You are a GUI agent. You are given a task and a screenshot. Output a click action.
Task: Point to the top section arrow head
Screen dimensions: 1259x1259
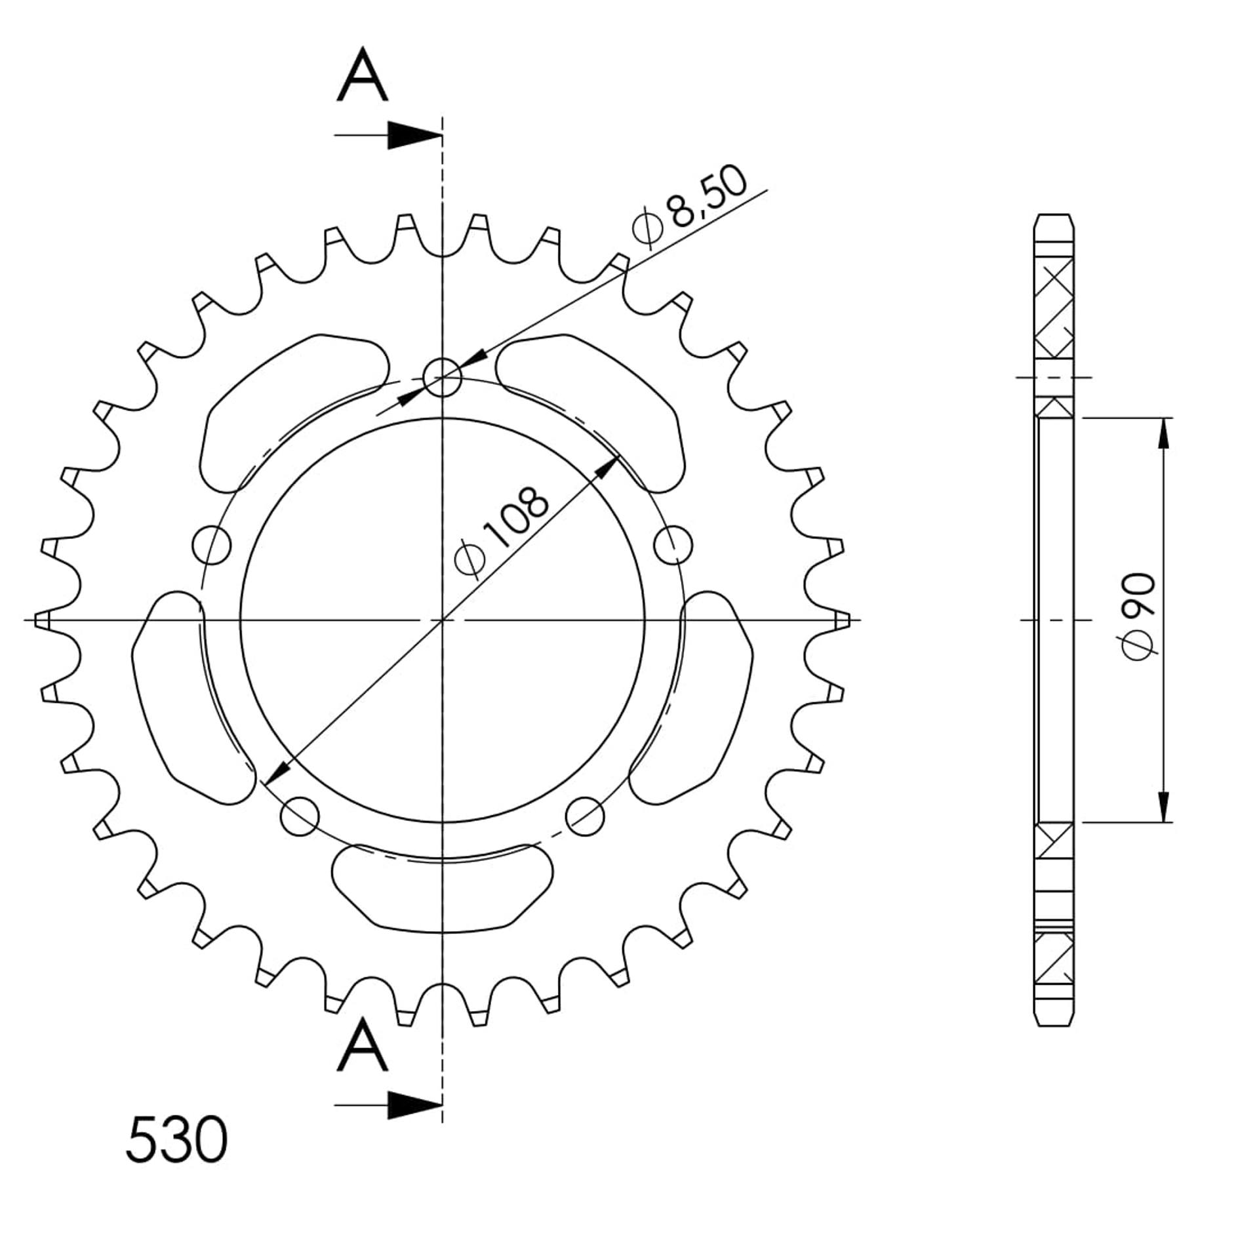(414, 136)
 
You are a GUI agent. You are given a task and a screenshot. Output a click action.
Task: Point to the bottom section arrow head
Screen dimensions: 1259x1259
(414, 1106)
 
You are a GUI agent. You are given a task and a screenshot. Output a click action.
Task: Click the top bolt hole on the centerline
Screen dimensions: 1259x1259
(443, 377)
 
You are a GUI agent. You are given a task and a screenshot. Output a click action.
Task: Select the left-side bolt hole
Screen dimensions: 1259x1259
(212, 544)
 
